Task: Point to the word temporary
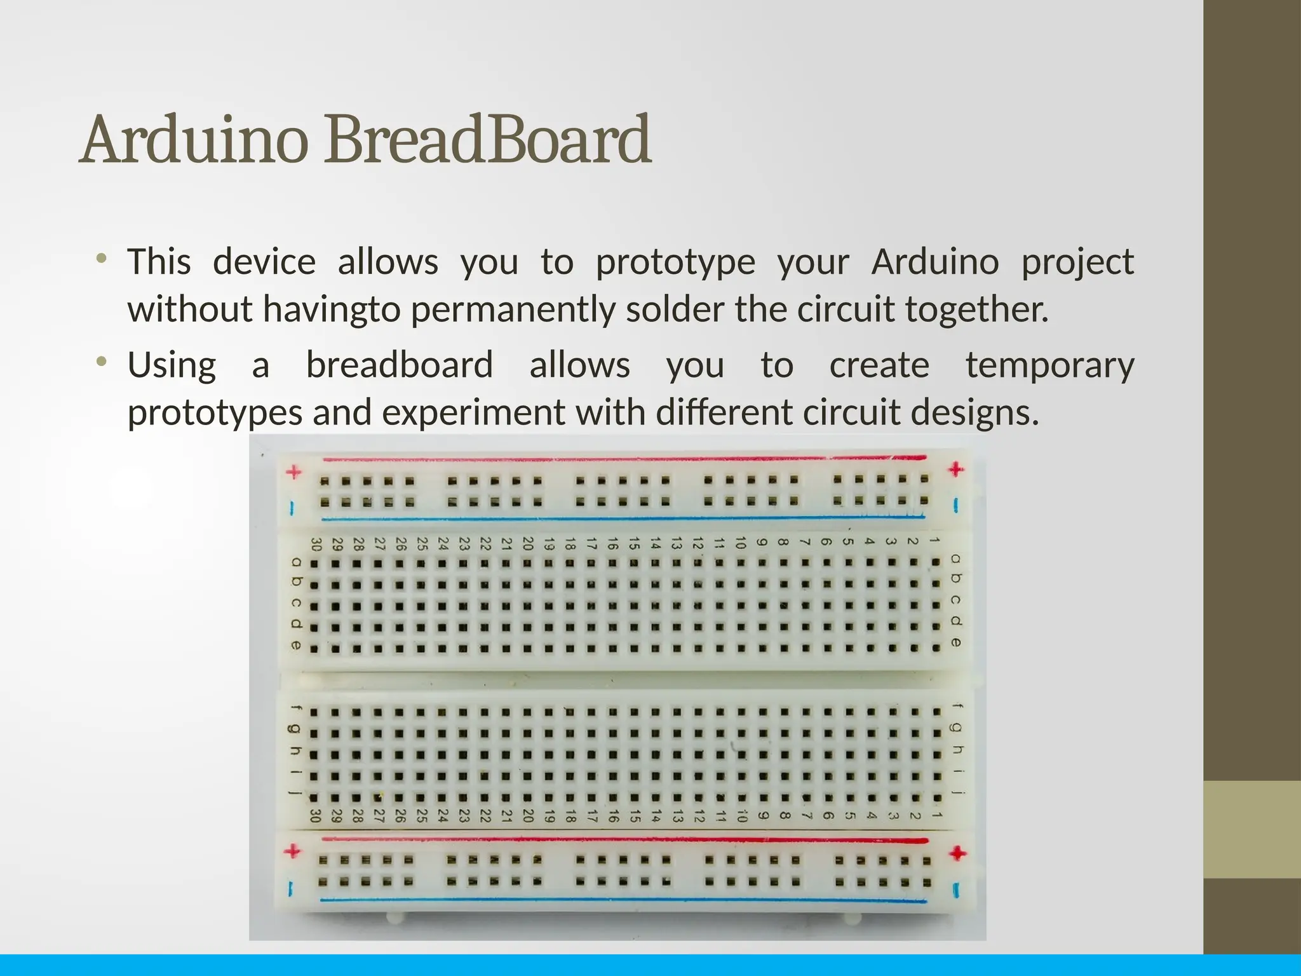pos(1049,365)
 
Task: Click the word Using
pos(172,365)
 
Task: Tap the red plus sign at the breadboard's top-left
pos(293,472)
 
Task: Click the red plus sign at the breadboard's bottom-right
pos(957,853)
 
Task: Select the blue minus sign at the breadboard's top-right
pos(957,505)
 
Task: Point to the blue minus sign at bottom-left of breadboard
pos(291,888)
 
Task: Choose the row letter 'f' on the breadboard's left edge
pos(295,707)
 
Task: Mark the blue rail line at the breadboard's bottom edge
pos(623,900)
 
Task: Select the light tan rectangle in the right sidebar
pos(1252,829)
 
